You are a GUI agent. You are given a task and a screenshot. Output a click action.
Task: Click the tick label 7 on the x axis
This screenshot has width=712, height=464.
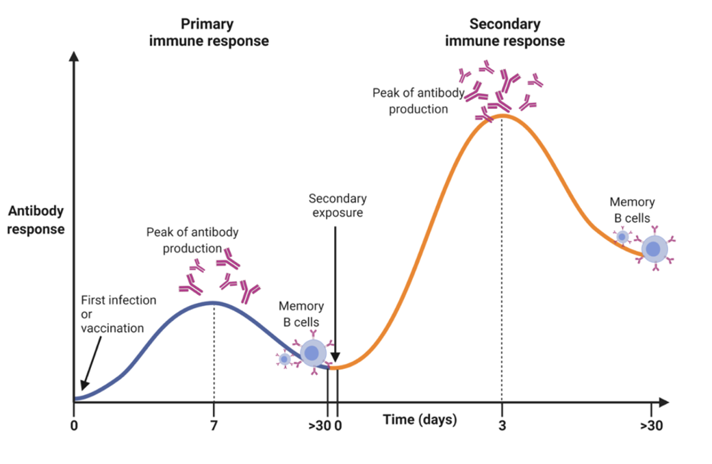tap(214, 424)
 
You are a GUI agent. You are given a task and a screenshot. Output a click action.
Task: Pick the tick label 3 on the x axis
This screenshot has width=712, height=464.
tap(502, 424)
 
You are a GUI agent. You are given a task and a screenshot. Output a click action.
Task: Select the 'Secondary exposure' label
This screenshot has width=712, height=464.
tap(338, 205)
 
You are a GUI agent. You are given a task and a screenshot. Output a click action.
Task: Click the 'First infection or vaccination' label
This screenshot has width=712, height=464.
tap(118, 313)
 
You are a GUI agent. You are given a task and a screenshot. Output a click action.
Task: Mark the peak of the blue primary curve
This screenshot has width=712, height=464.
tap(214, 302)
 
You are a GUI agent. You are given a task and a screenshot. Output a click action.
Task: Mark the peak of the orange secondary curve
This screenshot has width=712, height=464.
tap(503, 115)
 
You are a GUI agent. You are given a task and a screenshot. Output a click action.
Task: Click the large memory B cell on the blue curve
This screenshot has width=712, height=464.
tap(313, 353)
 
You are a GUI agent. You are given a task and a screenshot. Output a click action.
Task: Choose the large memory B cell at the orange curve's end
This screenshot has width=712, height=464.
tap(654, 249)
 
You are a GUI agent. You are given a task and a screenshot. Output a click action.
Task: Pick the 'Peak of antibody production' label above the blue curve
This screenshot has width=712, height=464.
tap(192, 240)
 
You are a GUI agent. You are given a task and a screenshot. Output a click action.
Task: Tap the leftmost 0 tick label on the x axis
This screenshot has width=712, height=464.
tap(73, 424)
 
